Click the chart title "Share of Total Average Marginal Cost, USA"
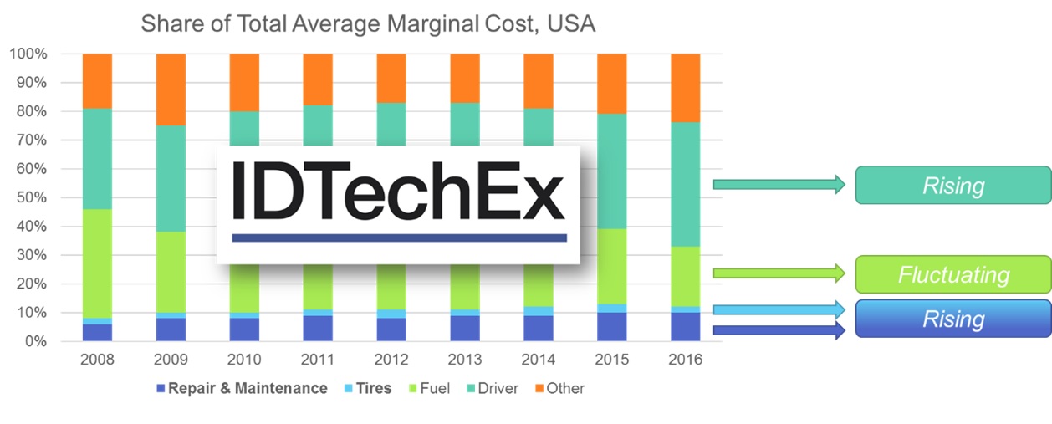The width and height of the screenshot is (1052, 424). pyautogui.click(x=368, y=23)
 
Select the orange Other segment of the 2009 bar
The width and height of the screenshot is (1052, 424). pyautogui.click(x=171, y=89)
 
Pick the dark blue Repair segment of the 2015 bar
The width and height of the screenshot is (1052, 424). pyautogui.click(x=612, y=327)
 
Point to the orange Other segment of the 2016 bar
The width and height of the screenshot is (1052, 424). pyautogui.click(x=686, y=88)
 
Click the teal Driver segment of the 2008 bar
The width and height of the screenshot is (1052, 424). pyautogui.click(x=97, y=158)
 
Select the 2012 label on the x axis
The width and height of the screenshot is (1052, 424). pyautogui.click(x=391, y=360)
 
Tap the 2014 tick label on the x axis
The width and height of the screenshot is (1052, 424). pyautogui.click(x=539, y=360)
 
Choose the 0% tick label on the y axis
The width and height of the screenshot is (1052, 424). pyautogui.click(x=34, y=342)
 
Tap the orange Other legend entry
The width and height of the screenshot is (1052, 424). pyautogui.click(x=558, y=388)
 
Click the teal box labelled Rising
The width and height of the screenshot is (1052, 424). pyautogui.click(x=953, y=185)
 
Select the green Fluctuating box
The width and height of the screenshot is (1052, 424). pyautogui.click(x=953, y=274)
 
